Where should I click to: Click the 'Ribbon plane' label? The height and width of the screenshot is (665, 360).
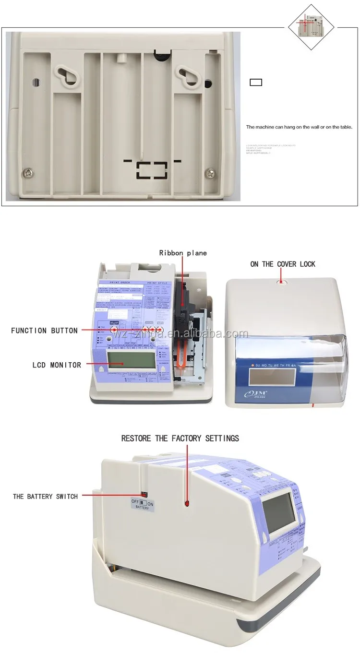[183, 252]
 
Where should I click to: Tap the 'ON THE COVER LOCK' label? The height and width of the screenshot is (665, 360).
[283, 264]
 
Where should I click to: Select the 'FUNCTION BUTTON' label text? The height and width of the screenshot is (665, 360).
[44, 331]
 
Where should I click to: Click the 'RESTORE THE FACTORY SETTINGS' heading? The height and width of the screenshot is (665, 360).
[180, 438]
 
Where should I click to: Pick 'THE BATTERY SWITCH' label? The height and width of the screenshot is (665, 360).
[45, 497]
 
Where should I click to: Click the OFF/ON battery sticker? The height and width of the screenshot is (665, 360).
[142, 503]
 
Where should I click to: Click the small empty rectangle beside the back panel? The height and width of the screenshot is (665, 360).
[256, 82]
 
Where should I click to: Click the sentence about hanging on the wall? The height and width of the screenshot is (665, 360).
[299, 127]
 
